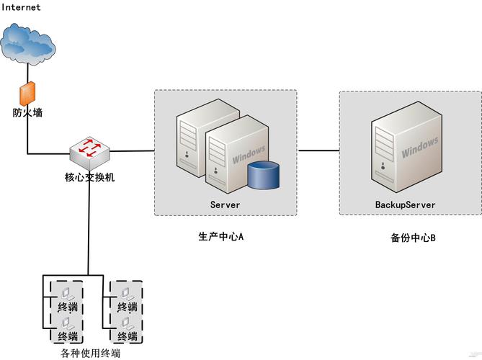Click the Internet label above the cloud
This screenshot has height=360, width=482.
(x=21, y=7)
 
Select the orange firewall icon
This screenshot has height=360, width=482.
(x=27, y=94)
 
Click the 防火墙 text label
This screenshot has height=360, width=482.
(x=27, y=112)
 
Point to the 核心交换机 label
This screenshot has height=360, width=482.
(x=89, y=176)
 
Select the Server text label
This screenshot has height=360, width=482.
(x=225, y=205)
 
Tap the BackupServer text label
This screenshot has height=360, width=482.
(x=405, y=205)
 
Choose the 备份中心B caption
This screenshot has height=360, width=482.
(x=409, y=237)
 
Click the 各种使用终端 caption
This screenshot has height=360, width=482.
(x=90, y=354)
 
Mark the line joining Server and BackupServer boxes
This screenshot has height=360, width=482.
(x=318, y=150)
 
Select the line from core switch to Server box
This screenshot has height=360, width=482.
(x=133, y=150)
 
